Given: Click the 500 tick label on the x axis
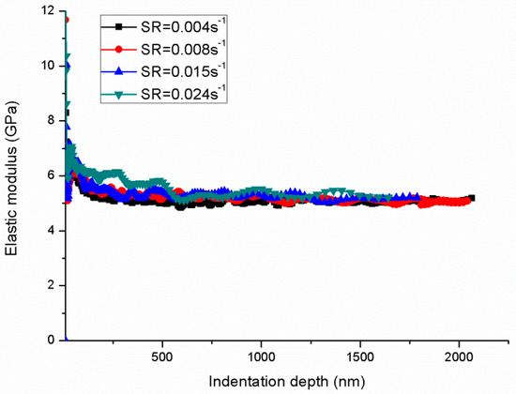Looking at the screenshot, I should click(162, 356).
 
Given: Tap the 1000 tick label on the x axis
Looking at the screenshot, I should click(261, 356).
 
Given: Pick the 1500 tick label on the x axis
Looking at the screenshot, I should click(359, 356).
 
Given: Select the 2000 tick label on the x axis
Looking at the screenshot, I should click(458, 356).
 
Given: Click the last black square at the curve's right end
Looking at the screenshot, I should click(471, 198).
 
